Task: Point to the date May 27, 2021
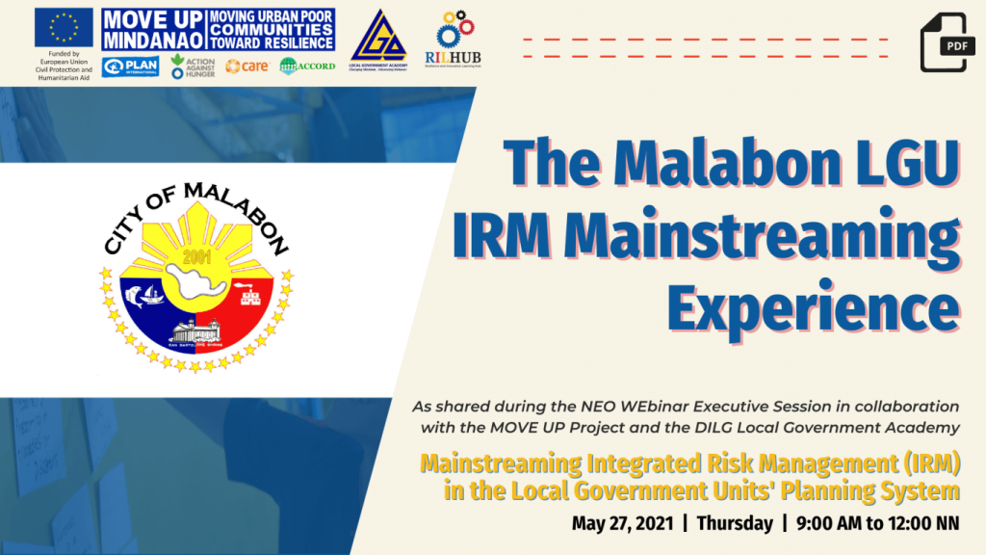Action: pyautogui.click(x=621, y=524)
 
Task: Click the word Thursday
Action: pyautogui.click(x=734, y=524)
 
